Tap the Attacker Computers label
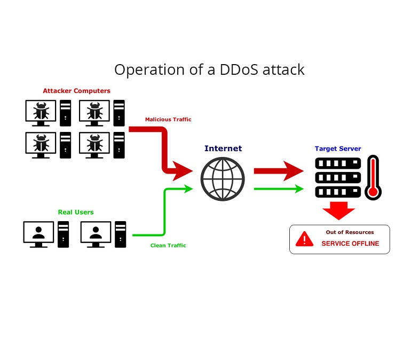point(77,91)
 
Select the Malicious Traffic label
point(168,120)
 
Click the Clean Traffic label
point(168,246)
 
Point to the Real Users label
point(76,212)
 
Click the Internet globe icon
point(223,179)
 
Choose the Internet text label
point(223,148)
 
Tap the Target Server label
point(338,148)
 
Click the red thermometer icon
point(372,178)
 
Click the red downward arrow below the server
point(338,210)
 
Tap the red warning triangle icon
point(305,239)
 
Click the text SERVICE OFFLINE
point(350,244)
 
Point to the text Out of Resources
point(350,232)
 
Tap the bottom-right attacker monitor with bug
point(94,144)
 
